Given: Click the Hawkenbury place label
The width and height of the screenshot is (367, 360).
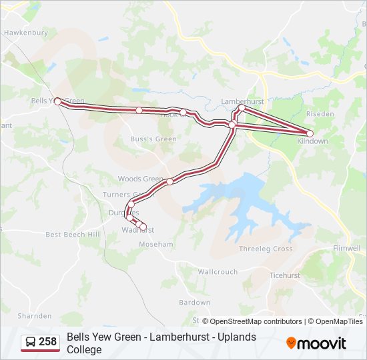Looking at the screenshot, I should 25,32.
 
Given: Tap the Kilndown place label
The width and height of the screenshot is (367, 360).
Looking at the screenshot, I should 312,141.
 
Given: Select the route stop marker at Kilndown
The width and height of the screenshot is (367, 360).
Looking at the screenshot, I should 310,133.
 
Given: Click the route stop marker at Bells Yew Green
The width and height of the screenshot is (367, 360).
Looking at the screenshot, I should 57,101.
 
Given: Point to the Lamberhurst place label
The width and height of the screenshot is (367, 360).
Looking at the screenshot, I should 242,101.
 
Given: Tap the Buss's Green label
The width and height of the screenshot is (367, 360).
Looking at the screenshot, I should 153,139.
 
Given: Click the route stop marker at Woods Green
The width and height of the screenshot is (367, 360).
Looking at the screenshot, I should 169,181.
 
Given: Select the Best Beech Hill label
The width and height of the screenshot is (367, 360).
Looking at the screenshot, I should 72,235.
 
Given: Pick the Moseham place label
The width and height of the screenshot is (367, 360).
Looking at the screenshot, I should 155,245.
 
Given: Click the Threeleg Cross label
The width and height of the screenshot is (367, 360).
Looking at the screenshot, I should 266,249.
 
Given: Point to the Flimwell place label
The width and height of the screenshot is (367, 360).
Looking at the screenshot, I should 346,249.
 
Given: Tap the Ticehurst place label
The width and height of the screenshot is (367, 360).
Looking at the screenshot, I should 284,275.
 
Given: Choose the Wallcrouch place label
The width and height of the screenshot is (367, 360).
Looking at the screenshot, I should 218,272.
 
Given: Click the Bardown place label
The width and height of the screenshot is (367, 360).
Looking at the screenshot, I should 194,302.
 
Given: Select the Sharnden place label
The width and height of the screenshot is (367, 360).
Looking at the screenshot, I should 35,315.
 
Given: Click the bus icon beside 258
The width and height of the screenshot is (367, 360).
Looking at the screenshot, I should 30,343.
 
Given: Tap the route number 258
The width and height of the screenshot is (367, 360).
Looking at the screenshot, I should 47,343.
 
